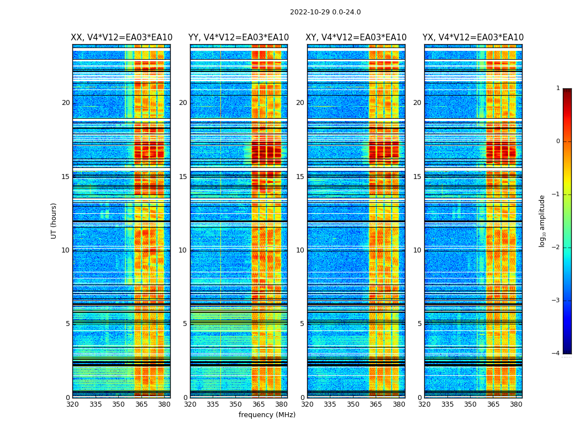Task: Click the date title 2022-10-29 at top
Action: [325, 12]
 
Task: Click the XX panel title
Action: [122, 38]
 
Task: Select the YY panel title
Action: [239, 38]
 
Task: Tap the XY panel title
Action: [356, 38]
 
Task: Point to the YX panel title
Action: [473, 38]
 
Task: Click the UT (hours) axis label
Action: [54, 220]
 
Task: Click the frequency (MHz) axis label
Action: [267, 415]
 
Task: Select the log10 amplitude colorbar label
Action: [542, 220]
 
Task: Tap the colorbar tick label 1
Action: [558, 88]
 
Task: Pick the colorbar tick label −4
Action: [557, 354]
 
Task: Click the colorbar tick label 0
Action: [558, 141]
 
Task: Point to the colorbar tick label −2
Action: [557, 248]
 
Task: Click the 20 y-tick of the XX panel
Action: [66, 103]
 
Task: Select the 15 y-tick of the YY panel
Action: [183, 177]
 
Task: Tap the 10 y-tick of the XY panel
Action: [300, 250]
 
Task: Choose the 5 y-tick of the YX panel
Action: [419, 324]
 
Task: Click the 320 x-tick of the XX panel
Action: [72, 404]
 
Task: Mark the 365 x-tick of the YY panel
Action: [259, 404]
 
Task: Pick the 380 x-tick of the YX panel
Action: [516, 404]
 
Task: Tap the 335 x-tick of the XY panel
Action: [330, 404]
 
